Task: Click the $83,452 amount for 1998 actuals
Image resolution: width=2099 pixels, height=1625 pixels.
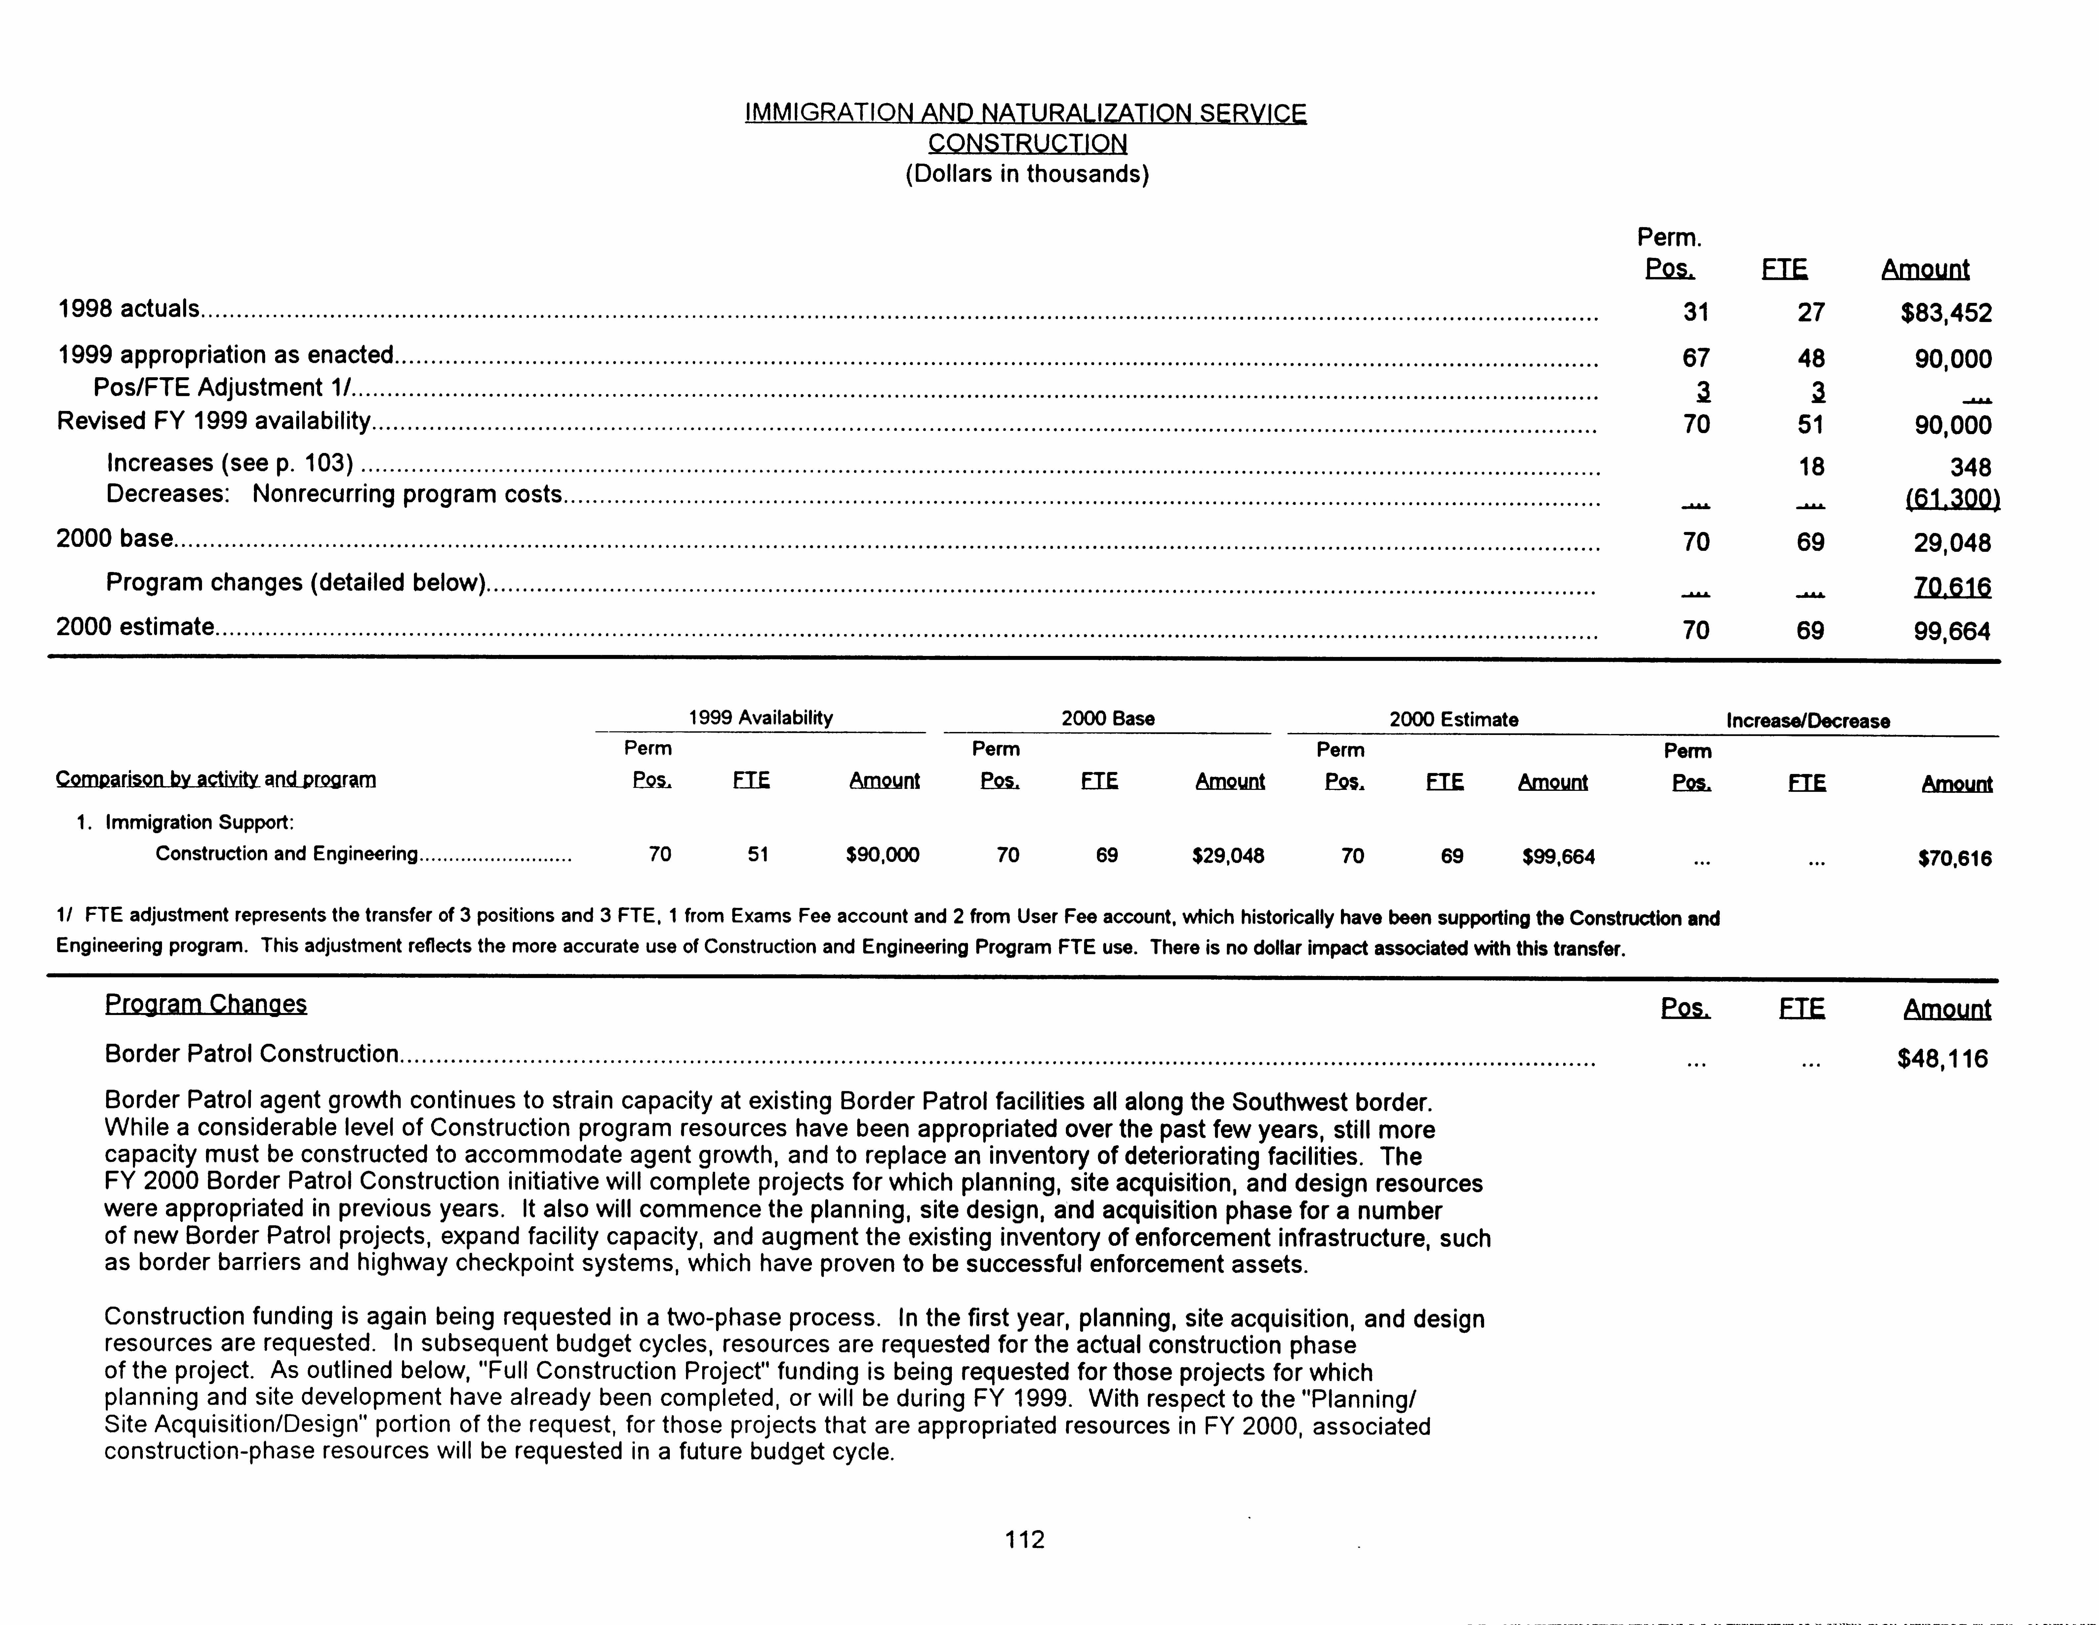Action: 1945,313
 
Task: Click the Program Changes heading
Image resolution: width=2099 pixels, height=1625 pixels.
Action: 206,1004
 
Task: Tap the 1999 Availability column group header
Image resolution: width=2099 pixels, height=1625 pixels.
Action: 760,718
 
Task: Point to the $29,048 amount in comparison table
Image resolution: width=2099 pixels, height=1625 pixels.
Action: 1227,855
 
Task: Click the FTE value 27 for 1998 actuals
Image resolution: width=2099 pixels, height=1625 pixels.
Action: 1811,312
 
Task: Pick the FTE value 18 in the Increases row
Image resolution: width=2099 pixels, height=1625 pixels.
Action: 1811,467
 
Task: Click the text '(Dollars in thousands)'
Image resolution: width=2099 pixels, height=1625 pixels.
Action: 1027,174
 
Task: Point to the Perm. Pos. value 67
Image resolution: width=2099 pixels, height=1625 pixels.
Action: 1695,358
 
